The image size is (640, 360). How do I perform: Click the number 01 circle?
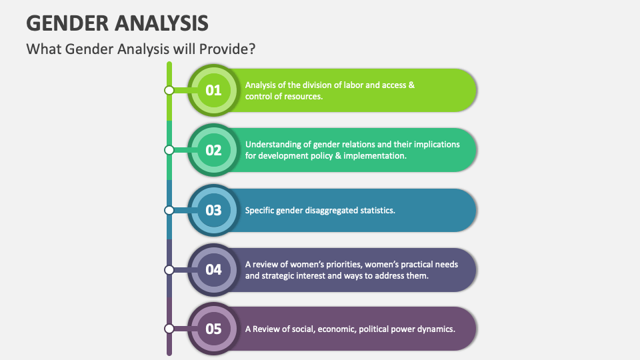pos(213,90)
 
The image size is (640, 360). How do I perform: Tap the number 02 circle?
pos(213,150)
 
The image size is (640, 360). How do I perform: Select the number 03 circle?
pos(213,210)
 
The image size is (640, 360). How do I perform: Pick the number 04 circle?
pos(213,269)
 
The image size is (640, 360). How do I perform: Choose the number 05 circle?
pos(213,328)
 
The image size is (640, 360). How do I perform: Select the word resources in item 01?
pos(304,96)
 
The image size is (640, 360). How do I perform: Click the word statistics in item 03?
pos(376,210)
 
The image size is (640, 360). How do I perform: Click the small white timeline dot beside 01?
pos(169,90)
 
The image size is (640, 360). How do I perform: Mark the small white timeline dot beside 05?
pos(169,328)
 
